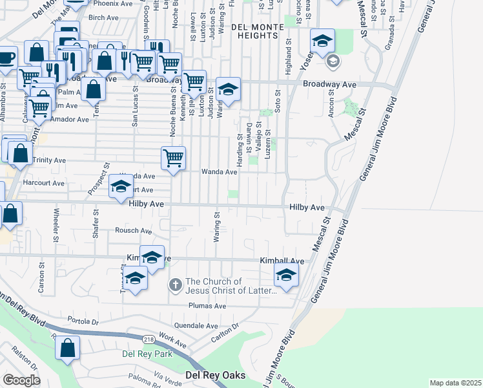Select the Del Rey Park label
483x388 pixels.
(x=147, y=354)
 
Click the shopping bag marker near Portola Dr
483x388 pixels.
(x=68, y=349)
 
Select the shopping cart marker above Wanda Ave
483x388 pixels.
(x=173, y=157)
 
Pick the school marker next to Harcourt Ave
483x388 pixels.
(x=121, y=187)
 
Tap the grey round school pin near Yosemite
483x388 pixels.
(x=333, y=62)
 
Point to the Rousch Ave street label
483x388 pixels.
(x=133, y=231)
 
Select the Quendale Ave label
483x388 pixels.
(x=196, y=325)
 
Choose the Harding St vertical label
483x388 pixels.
(x=240, y=157)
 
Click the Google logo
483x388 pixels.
(x=21, y=380)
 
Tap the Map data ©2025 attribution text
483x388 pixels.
(x=455, y=383)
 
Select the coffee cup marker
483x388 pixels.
(x=6, y=58)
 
